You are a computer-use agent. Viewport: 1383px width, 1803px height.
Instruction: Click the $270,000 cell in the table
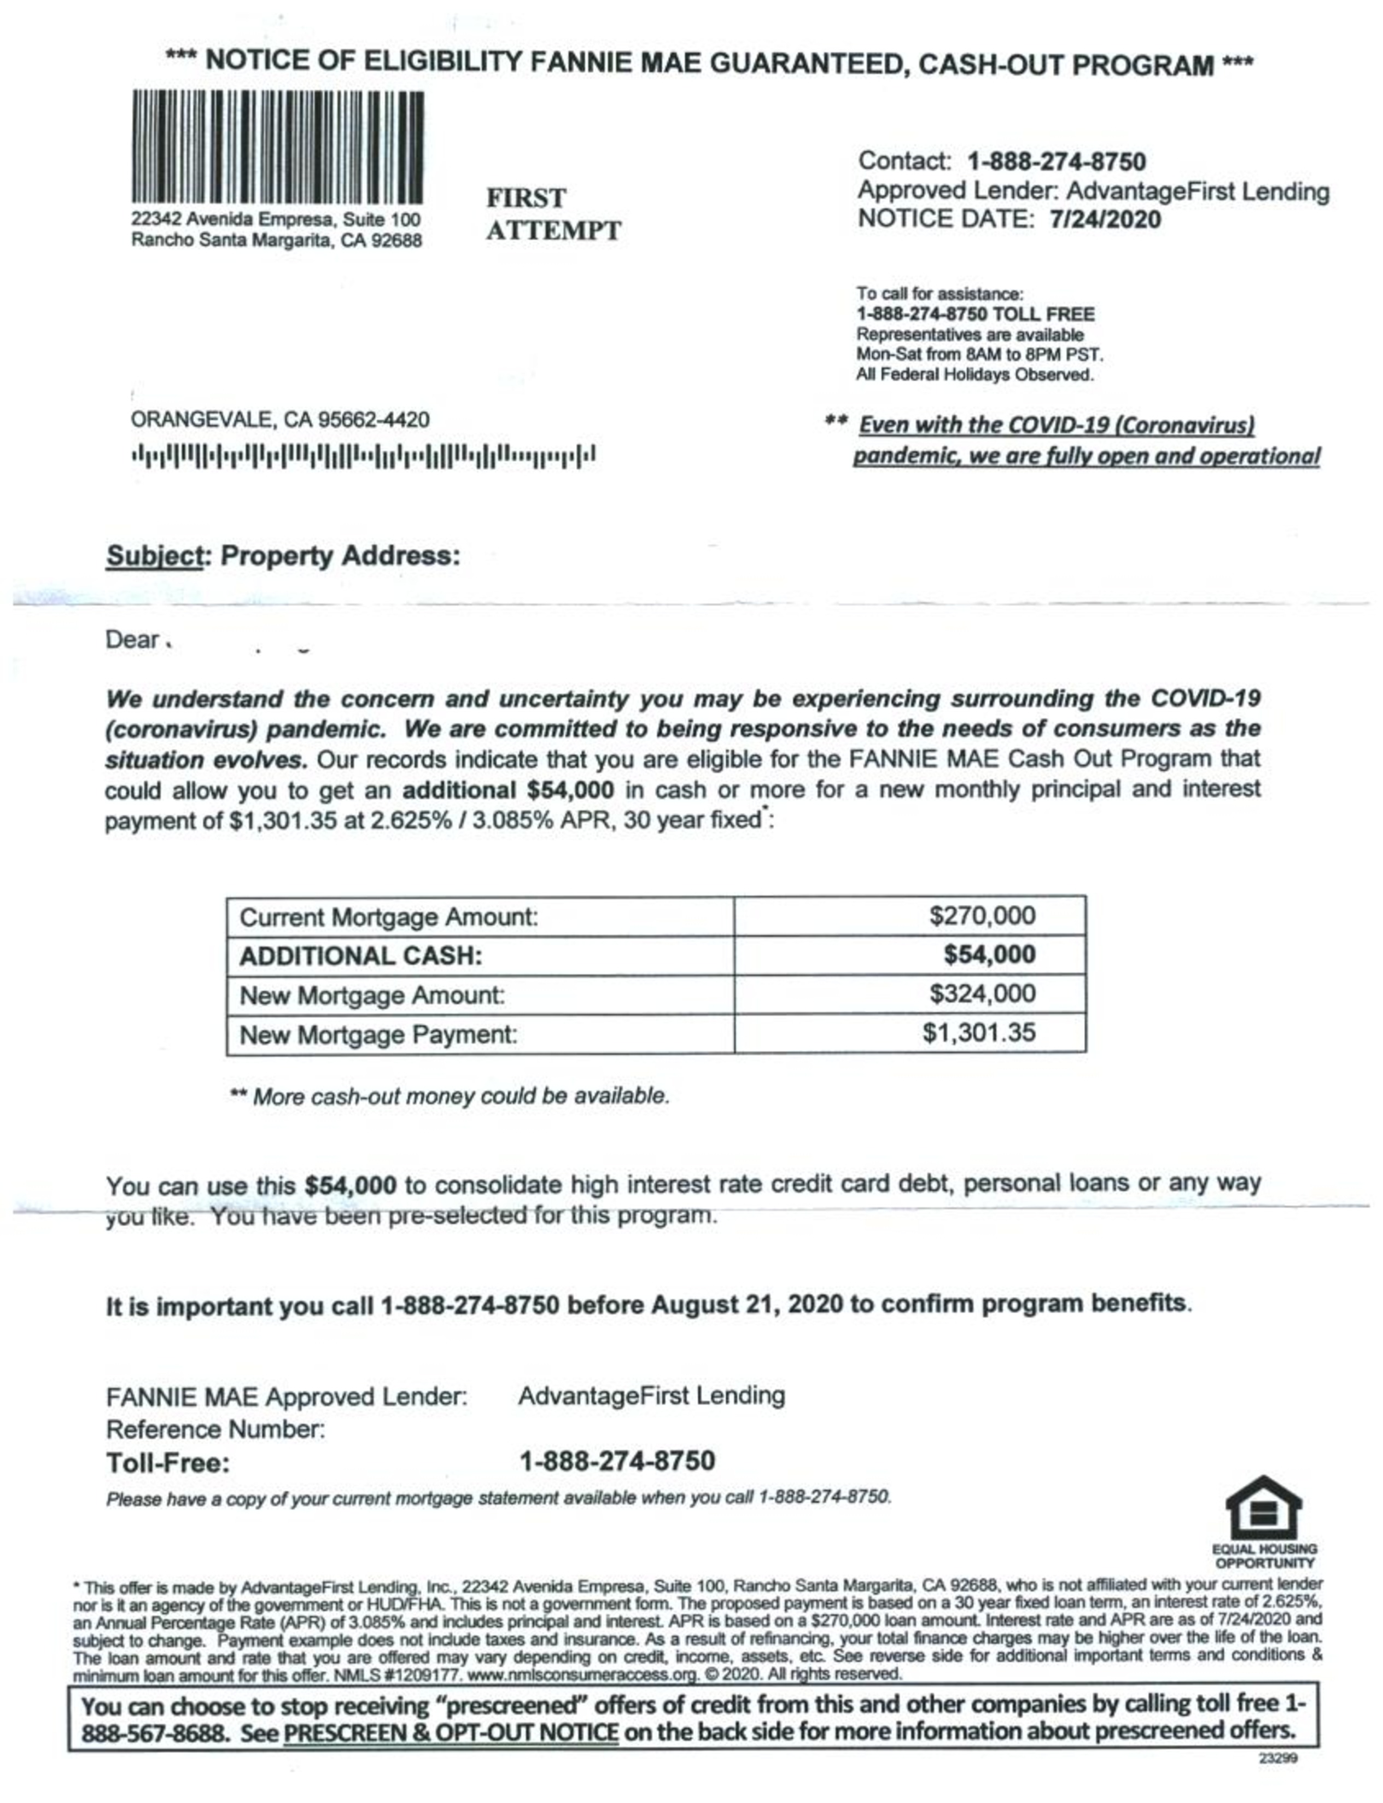click(x=982, y=916)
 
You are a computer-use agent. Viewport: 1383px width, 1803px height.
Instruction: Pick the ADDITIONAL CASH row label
click(x=360, y=956)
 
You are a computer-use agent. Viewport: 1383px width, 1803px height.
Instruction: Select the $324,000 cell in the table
click(x=982, y=994)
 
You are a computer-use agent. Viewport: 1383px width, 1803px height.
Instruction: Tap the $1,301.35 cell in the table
click(x=979, y=1032)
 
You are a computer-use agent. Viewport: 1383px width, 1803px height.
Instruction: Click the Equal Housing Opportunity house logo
click(x=1264, y=1508)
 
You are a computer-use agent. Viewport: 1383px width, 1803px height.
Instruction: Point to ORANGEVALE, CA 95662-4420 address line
click(x=280, y=420)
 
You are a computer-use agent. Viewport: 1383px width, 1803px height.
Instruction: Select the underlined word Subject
click(x=154, y=556)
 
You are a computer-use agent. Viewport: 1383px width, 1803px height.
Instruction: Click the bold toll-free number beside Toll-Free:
click(x=617, y=1461)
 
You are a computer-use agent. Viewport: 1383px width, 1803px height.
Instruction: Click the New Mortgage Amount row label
click(x=371, y=996)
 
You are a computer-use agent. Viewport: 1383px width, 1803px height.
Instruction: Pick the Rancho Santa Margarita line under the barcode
click(x=277, y=240)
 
